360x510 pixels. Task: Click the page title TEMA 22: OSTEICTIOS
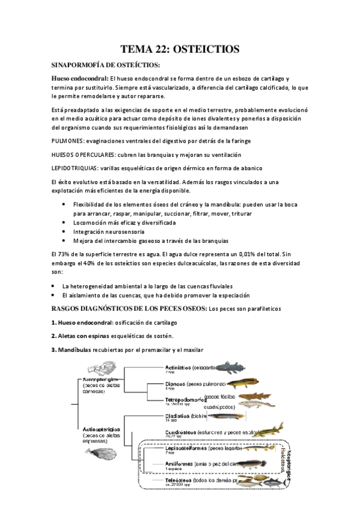pyautogui.click(x=180, y=49)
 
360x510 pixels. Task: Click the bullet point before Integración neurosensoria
pyautogui.click(x=64, y=231)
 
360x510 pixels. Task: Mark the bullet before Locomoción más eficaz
pyautogui.click(x=64, y=222)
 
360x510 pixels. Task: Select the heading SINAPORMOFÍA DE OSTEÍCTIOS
pyautogui.click(x=105, y=64)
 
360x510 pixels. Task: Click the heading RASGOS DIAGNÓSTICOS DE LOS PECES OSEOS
pyautogui.click(x=129, y=309)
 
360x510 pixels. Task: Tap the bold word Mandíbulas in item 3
pyautogui.click(x=75, y=349)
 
